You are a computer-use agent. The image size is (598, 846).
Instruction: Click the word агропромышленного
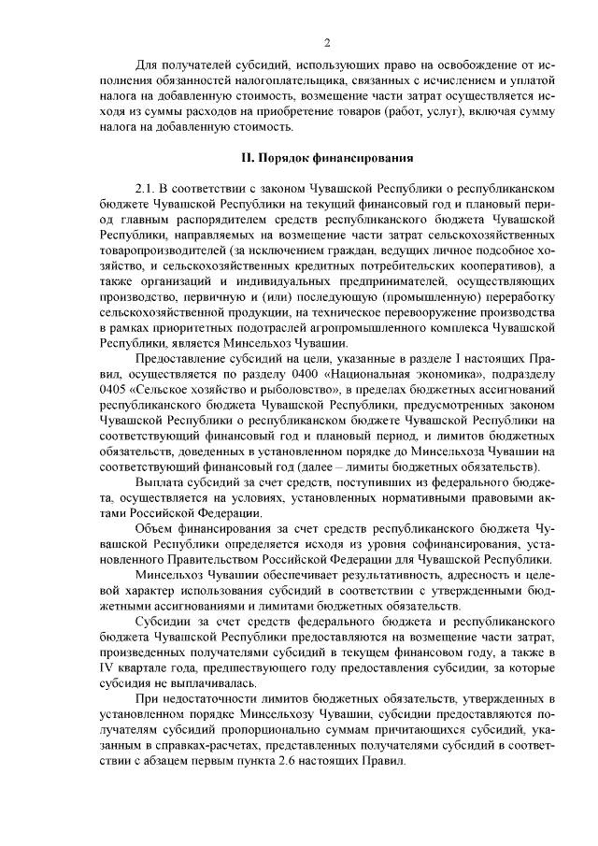368,330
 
